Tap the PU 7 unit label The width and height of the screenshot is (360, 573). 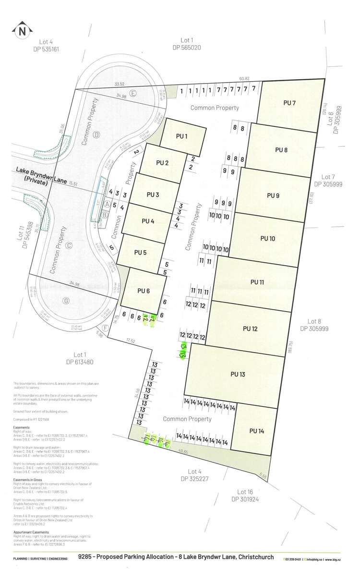coord(289,103)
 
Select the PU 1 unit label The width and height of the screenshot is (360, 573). coord(181,136)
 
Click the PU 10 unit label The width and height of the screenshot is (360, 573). coord(267,238)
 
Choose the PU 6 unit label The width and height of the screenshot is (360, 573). coord(144,290)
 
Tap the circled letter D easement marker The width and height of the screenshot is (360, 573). coord(96,134)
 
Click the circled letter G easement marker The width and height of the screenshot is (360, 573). coord(66,301)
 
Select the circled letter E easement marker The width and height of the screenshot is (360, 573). coord(133,93)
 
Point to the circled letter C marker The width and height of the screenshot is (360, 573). coord(69,245)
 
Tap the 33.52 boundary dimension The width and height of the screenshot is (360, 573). coord(120,84)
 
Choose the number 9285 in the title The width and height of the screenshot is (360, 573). coord(85,558)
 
